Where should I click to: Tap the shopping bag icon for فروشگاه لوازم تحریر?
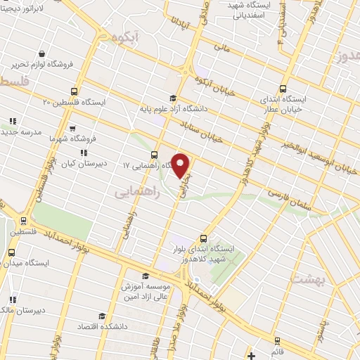click(43, 54)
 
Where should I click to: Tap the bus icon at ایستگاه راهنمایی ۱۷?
click(154, 155)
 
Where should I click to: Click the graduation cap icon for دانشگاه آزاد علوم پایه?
click(172, 98)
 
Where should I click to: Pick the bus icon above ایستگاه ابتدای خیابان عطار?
click(283, 89)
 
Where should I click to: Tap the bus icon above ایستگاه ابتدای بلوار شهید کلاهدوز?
click(204, 238)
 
